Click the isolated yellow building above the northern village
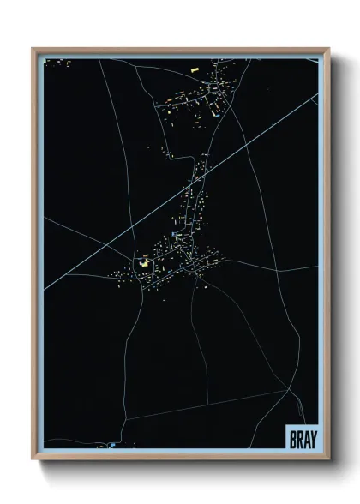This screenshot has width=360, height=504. pyautogui.click(x=194, y=68)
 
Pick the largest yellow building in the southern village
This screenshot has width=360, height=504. pyautogui.click(x=145, y=264)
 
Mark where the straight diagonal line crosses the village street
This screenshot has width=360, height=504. pyautogui.click(x=202, y=172)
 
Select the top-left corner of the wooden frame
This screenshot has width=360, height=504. pyautogui.click(x=33, y=50)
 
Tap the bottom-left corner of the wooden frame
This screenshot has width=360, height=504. pyautogui.click(x=33, y=459)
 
